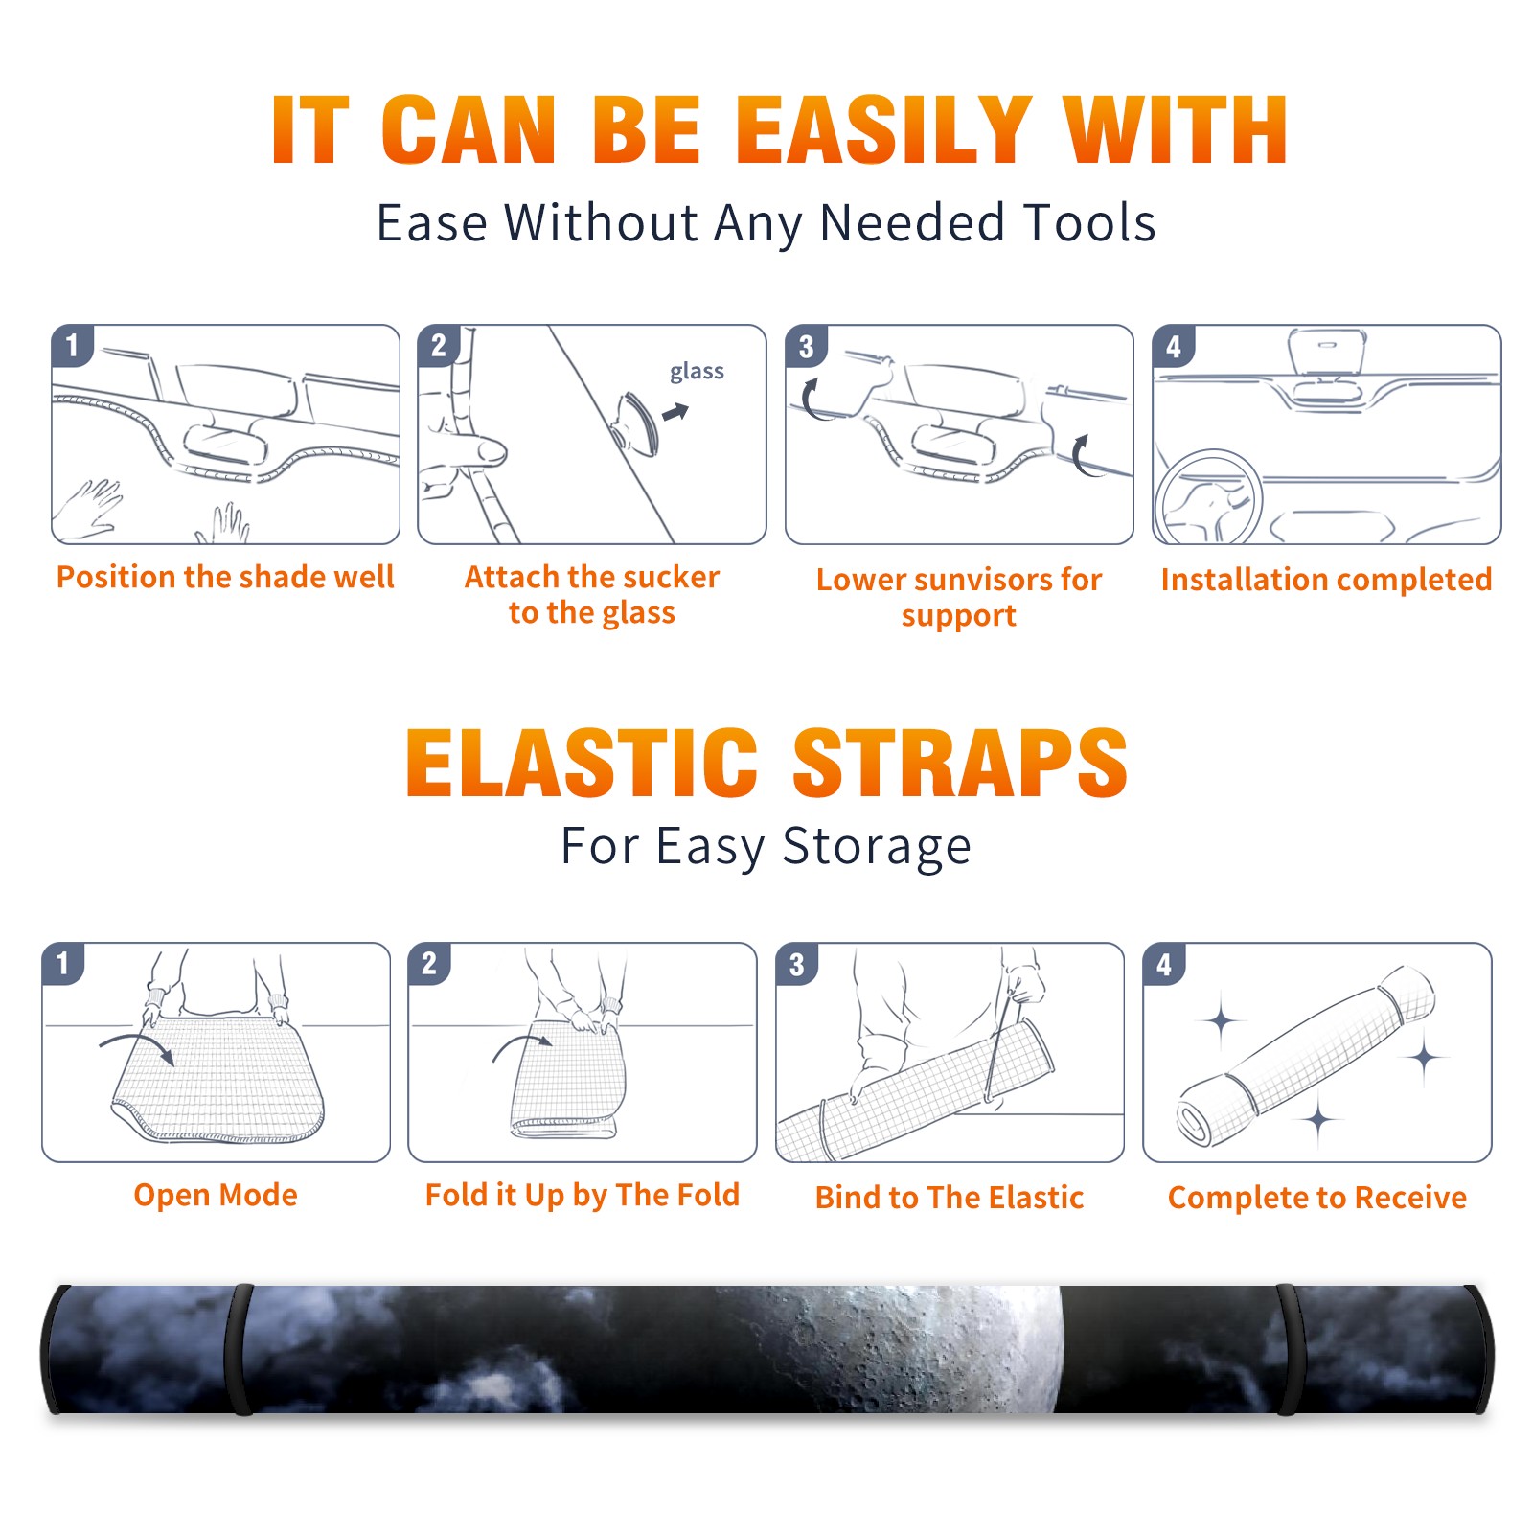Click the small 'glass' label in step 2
click(697, 372)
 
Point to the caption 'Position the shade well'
click(225, 577)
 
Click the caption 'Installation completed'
click(1326, 580)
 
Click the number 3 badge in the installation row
click(806, 346)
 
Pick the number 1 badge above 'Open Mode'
click(63, 963)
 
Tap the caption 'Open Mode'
click(216, 1196)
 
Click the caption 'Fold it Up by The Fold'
click(583, 1196)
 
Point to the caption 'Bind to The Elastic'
click(950, 1198)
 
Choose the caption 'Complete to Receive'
click(1317, 1198)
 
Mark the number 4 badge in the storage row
click(1164, 964)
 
